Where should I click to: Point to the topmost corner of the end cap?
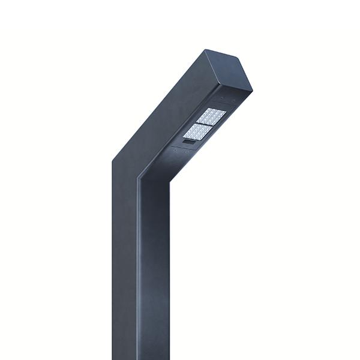coord(207,50)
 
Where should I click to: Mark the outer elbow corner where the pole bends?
coord(112,160)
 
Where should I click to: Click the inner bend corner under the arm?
coord(140,178)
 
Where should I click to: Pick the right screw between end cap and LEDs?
coord(232,100)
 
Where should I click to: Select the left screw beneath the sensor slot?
coord(175,150)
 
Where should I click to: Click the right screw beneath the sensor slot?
coord(187,152)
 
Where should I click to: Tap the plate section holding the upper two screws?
coord(226,101)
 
